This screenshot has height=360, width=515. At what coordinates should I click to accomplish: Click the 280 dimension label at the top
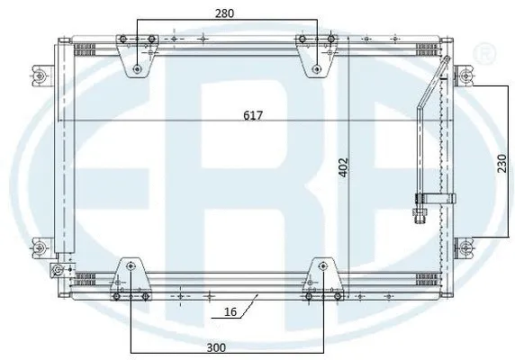225,13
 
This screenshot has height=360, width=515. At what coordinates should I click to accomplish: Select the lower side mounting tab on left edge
39,245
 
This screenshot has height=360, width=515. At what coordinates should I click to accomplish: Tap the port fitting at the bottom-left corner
56,269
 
